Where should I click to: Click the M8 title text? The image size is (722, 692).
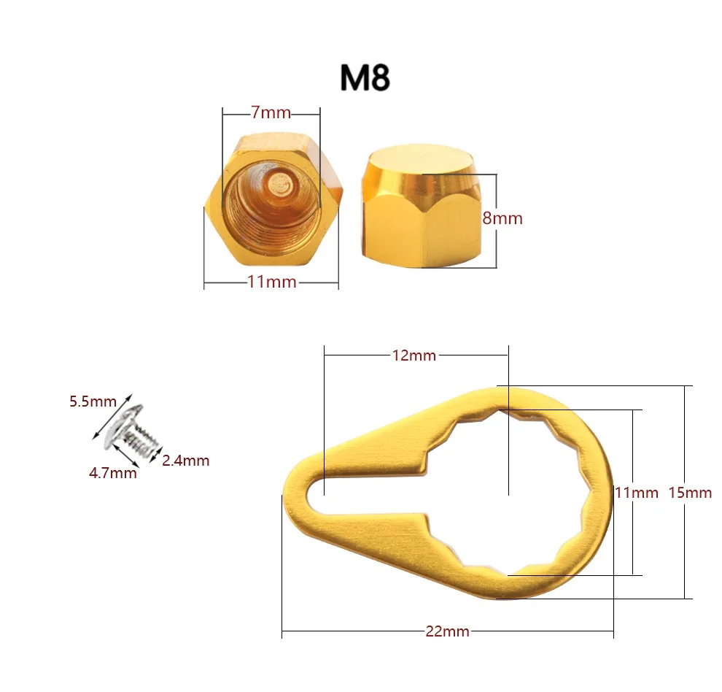coord(365,78)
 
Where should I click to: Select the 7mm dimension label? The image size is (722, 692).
coord(271,112)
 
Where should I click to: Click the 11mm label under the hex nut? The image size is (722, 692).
coord(271,281)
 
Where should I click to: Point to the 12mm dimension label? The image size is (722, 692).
coord(414,355)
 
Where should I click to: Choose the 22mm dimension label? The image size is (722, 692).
coord(447,631)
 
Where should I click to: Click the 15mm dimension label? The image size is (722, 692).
coord(690,492)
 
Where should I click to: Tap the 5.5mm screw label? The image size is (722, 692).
coord(93,401)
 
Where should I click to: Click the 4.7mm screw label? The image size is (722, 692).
coord(112,472)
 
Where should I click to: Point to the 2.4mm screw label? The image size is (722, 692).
coord(185,460)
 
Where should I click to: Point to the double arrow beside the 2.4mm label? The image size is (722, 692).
coord(156,452)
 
